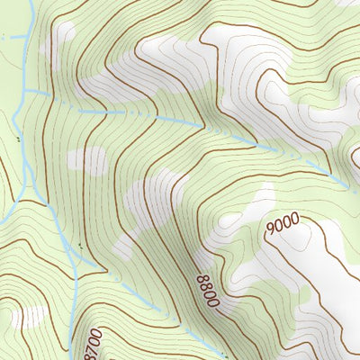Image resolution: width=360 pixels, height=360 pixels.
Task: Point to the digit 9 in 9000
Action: click(x=271, y=232)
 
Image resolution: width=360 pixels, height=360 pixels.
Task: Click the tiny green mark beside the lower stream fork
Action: click(x=78, y=244)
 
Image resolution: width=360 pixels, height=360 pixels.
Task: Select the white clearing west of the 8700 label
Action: click(x=31, y=317)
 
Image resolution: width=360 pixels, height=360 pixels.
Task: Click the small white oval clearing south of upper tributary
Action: click(x=87, y=160)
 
